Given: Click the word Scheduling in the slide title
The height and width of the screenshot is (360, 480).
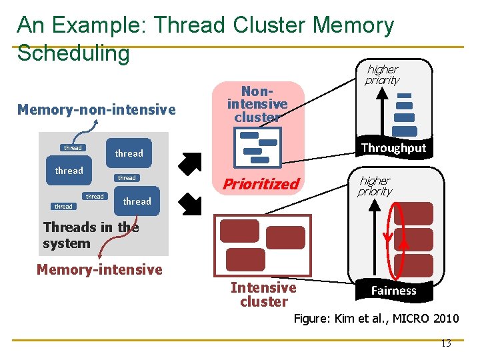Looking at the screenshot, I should tap(73, 53).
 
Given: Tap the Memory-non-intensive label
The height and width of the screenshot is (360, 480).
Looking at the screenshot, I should tap(97, 109).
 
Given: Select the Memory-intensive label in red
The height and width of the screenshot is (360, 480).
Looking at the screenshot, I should tap(99, 269).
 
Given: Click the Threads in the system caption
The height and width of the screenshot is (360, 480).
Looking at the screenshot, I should tap(91, 235).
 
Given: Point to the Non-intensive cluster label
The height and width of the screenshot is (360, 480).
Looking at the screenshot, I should tap(257, 104).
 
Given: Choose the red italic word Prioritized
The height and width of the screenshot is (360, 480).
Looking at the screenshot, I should tap(261, 184).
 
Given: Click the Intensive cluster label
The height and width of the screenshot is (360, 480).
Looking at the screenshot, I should tap(263, 295).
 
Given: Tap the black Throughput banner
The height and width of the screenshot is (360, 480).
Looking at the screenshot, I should tap(393, 148).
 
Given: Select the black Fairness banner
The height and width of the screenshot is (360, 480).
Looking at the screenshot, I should tap(393, 290).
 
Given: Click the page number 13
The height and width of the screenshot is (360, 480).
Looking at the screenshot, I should tap(446, 343).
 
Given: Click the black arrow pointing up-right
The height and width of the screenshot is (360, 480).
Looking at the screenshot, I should tap(190, 163).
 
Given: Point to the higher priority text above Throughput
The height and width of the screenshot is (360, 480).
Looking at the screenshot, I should tap(382, 75).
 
